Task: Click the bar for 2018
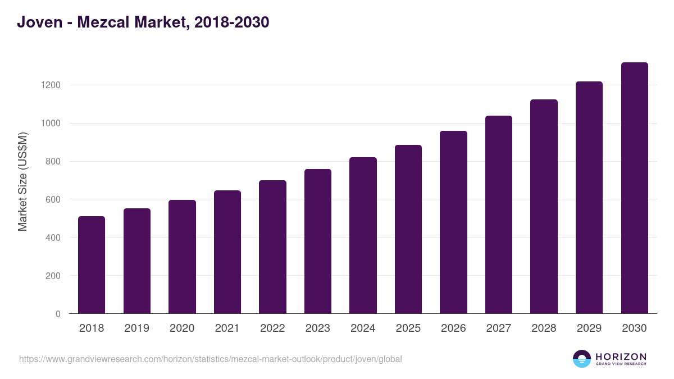[x=92, y=265]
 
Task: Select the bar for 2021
[x=227, y=252]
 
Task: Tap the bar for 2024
[x=363, y=235]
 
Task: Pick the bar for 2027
[x=499, y=214]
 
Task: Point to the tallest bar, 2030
[x=634, y=188]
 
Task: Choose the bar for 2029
[x=589, y=198]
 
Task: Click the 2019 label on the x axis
[x=136, y=328]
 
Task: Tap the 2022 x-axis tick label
[x=272, y=328]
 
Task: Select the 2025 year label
[x=408, y=328]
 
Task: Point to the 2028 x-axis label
[x=544, y=328]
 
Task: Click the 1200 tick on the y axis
[x=51, y=85]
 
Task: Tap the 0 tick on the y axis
[x=58, y=314]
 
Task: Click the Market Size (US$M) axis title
[x=23, y=181]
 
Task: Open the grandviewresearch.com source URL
[x=210, y=359]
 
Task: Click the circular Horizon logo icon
[x=582, y=359]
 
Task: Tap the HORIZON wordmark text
[x=621, y=357]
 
